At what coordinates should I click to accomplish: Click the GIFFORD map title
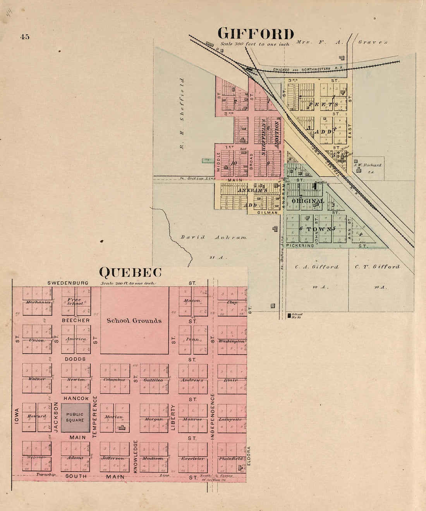(x=256, y=34)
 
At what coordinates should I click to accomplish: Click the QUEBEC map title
(x=130, y=273)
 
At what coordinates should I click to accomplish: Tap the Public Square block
(x=75, y=417)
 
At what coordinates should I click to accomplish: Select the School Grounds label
(x=134, y=321)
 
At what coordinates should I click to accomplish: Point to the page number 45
(x=25, y=37)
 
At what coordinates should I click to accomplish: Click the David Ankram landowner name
(x=213, y=237)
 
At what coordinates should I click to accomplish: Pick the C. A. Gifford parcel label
(x=316, y=267)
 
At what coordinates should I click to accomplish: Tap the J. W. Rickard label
(x=368, y=165)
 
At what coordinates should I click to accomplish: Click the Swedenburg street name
(x=68, y=283)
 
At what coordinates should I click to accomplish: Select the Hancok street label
(x=76, y=398)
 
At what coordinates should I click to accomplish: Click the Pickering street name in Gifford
(x=300, y=246)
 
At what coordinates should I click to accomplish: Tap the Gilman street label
(x=268, y=213)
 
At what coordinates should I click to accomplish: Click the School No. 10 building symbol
(x=289, y=316)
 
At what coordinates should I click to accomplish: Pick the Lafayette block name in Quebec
(x=230, y=419)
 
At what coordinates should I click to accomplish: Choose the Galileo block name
(x=153, y=380)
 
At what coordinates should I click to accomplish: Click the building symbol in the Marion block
(x=122, y=427)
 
